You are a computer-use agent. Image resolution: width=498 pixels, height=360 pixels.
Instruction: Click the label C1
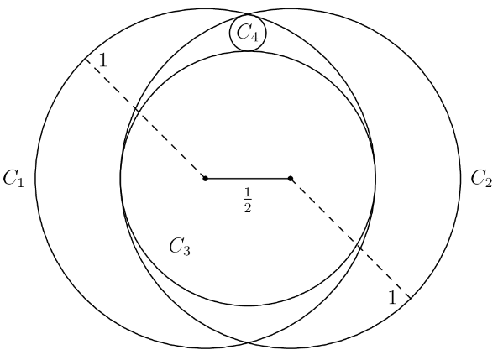tap(13, 179)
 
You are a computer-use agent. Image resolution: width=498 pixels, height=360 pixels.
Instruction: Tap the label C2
tap(481, 178)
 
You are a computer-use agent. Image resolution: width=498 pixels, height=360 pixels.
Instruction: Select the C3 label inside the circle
tap(180, 247)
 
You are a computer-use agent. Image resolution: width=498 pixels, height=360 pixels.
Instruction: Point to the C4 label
tap(248, 33)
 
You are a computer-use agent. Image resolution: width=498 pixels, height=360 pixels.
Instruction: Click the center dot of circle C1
tap(206, 179)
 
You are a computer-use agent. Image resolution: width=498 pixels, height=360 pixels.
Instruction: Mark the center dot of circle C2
tap(291, 179)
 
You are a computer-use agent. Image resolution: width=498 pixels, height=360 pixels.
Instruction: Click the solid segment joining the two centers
tap(248, 179)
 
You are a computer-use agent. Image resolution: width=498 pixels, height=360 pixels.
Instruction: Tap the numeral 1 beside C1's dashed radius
tap(103, 60)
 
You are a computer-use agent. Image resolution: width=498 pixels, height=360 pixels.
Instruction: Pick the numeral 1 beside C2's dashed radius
tap(392, 297)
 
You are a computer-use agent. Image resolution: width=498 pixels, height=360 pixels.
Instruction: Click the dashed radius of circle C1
tap(145, 118)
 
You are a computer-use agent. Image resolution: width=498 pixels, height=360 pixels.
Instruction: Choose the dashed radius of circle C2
tap(351, 238)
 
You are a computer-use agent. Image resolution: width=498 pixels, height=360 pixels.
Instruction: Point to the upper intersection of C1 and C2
tap(248, 14)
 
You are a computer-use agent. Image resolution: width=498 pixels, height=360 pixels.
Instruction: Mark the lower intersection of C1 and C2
tap(248, 343)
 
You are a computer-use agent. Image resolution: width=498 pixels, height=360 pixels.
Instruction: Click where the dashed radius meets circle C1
tap(85, 59)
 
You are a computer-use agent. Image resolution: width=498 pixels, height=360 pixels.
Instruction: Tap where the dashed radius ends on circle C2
tap(411, 299)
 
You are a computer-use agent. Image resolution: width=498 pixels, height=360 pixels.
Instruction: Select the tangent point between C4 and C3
tap(248, 51)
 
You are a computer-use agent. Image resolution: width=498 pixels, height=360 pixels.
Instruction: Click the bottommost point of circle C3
tap(248, 306)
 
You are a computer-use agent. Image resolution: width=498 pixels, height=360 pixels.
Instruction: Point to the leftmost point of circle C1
tap(35, 179)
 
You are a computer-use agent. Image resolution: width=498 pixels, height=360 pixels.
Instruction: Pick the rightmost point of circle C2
tap(460, 179)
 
